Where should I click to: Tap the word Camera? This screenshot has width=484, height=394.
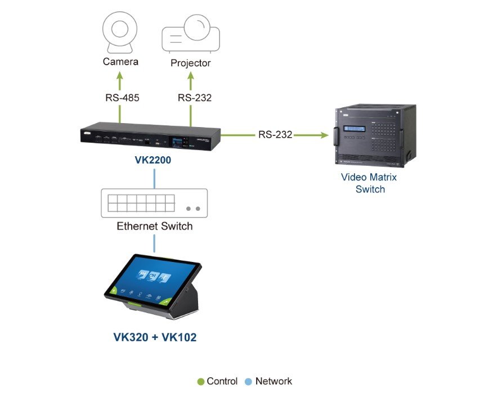click(x=120, y=61)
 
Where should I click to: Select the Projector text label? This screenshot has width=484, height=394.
click(x=190, y=63)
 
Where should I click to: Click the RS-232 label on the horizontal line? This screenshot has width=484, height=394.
click(x=275, y=135)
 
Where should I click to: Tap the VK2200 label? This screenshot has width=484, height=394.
click(x=153, y=160)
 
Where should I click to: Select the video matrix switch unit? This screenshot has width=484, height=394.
click(x=374, y=135)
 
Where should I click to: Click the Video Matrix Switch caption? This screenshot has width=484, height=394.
click(x=369, y=183)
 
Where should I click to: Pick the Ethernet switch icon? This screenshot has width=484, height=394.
click(x=154, y=203)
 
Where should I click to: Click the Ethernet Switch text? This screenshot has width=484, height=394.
click(x=154, y=227)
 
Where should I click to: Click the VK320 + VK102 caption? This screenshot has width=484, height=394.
click(x=154, y=337)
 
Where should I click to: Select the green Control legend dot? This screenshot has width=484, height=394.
click(x=200, y=382)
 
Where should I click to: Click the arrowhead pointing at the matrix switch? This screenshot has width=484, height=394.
click(x=325, y=135)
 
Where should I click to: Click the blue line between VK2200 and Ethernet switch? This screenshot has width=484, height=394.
click(x=154, y=178)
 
